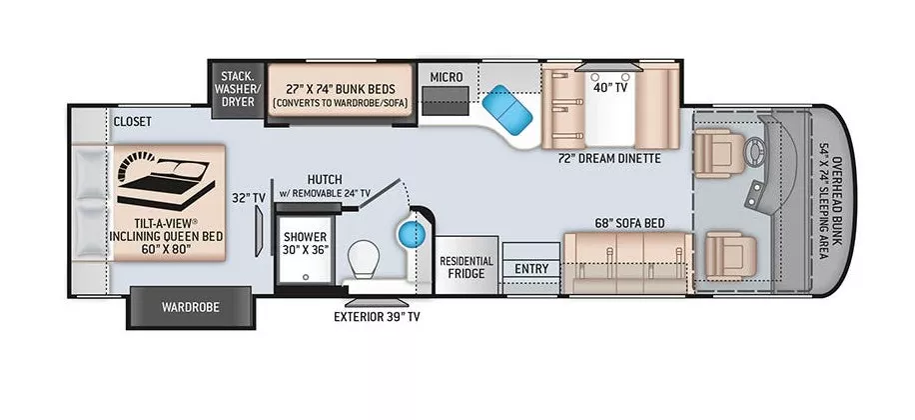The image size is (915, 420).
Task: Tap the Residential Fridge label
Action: coord(466,265)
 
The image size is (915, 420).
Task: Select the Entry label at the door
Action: coord(531,268)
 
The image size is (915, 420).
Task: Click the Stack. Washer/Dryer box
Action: coord(234,87)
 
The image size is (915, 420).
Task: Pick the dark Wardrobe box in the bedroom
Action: coord(187,306)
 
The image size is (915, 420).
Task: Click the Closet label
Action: coord(132,122)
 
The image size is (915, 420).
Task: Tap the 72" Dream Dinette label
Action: coord(610,158)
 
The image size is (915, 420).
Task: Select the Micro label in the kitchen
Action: coord(446,76)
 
